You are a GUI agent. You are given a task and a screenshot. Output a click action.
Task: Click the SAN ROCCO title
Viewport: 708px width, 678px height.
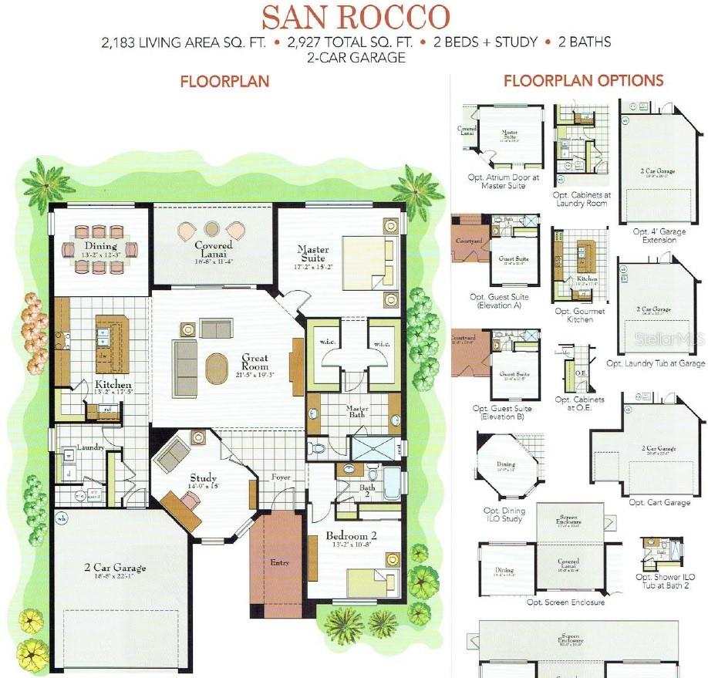pyautogui.click(x=355, y=17)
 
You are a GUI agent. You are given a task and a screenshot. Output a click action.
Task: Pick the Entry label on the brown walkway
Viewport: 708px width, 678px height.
pyautogui.click(x=279, y=563)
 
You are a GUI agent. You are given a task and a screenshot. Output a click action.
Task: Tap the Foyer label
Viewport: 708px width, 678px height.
pyautogui.click(x=281, y=477)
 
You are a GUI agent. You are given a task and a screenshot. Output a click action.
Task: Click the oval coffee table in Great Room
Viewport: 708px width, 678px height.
pyautogui.click(x=217, y=368)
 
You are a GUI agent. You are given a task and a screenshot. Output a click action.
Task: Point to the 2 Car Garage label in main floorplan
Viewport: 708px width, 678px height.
pyautogui.click(x=115, y=569)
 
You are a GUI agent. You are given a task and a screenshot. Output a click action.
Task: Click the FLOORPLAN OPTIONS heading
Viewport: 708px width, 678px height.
pyautogui.click(x=583, y=80)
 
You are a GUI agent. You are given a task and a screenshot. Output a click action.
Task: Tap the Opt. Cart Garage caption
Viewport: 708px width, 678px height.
pyautogui.click(x=659, y=502)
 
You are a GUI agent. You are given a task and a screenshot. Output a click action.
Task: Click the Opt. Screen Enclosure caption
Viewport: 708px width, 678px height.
pyautogui.click(x=565, y=602)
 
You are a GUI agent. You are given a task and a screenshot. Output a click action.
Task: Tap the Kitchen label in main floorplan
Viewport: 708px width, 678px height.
pyautogui.click(x=112, y=384)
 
